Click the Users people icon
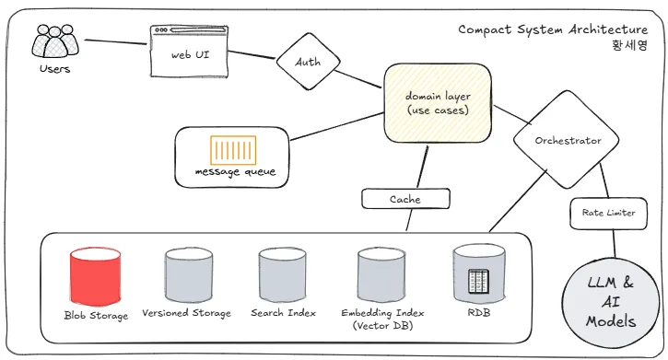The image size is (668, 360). [55, 41]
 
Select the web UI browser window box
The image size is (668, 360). [189, 52]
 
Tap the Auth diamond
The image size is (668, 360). [308, 62]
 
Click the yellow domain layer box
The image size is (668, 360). [438, 103]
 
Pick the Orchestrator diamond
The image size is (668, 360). [566, 140]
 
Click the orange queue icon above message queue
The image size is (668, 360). [233, 150]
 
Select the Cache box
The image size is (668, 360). [405, 199]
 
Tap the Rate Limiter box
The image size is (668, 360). [608, 213]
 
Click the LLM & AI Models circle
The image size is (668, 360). [611, 302]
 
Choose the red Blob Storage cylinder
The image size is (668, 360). [96, 276]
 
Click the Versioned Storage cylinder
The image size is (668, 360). [189, 275]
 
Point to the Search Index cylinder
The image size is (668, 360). [283, 275]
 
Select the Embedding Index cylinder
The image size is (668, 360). [381, 275]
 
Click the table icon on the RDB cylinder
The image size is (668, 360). [478, 281]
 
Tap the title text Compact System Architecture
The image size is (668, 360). [553, 29]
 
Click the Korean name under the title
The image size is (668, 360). [629, 45]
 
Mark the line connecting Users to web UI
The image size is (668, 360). [116, 41]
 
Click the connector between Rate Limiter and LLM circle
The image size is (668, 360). [615, 243]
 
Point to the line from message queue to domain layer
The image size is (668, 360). [336, 126]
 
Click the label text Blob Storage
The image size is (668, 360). [96, 315]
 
